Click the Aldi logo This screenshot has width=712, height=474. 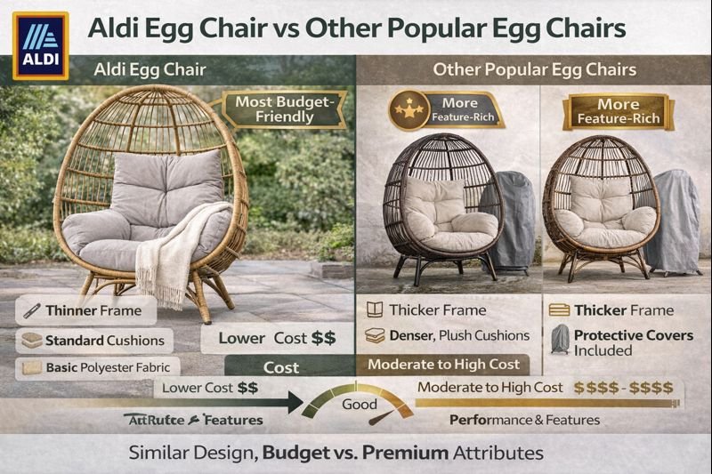(x=40, y=45)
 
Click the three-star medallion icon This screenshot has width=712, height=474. (x=406, y=110)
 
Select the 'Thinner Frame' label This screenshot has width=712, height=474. (x=86, y=310)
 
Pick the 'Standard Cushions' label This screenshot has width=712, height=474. (x=93, y=340)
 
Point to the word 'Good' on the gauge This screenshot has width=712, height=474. (x=360, y=405)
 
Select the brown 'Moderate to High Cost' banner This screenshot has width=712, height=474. (x=444, y=364)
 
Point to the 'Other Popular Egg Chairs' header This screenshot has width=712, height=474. (x=534, y=69)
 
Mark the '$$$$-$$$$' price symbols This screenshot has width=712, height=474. (x=623, y=388)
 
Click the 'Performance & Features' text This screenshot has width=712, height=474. (x=524, y=419)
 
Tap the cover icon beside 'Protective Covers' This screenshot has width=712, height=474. (x=559, y=341)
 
